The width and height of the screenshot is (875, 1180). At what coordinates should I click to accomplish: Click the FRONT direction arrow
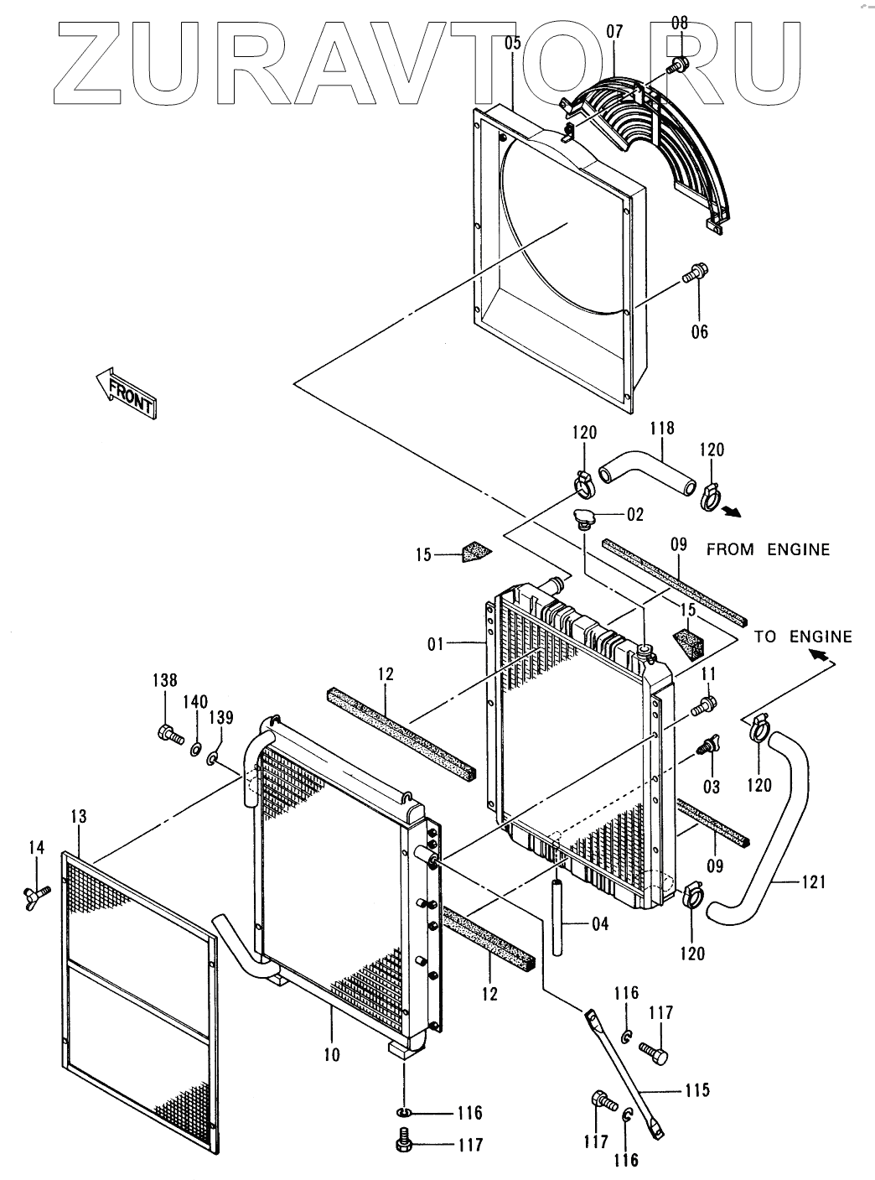(x=125, y=392)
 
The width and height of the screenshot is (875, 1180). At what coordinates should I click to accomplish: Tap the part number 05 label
(x=513, y=42)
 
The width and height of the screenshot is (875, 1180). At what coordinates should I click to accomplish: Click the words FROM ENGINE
(x=768, y=550)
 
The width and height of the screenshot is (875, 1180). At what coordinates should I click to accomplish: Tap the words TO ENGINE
(x=803, y=637)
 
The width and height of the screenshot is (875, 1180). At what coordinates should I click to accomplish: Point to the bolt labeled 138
(x=168, y=735)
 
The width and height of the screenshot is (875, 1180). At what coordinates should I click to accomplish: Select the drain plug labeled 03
(x=711, y=746)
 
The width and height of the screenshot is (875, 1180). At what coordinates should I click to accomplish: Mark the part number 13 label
(x=79, y=817)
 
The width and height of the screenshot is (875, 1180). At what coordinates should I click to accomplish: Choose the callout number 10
(x=333, y=1054)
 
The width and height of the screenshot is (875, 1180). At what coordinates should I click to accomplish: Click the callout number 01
(x=435, y=644)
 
